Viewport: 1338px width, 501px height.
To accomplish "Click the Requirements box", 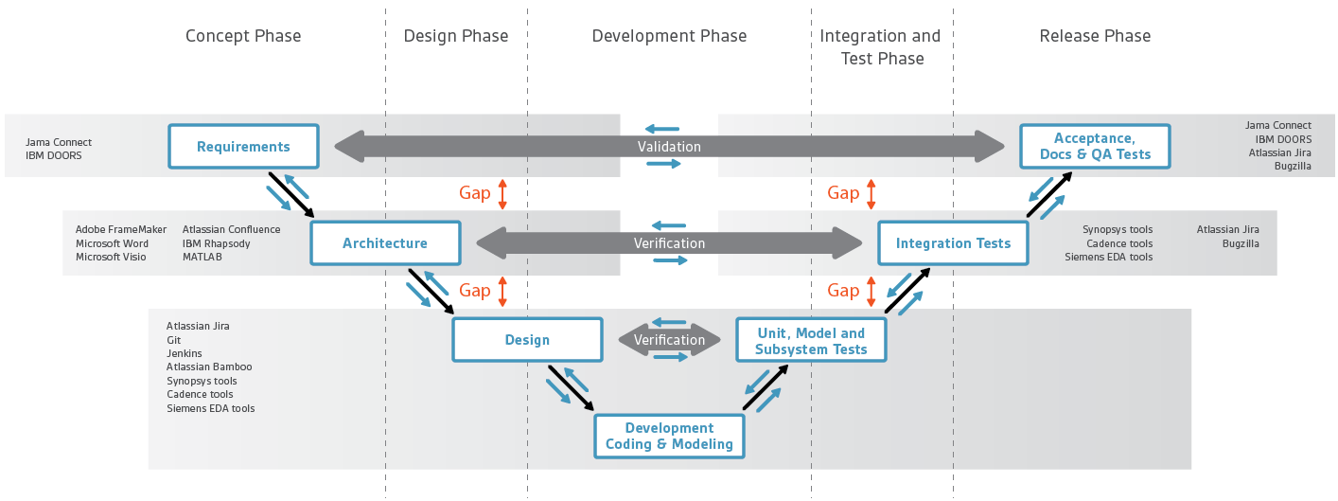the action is coord(243,147).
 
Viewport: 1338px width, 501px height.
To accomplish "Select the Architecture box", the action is coord(385,243).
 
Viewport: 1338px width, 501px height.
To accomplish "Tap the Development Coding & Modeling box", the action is coord(669,437).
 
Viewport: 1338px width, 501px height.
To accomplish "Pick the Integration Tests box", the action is coord(953,243).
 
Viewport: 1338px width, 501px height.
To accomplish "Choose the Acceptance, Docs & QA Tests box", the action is coord(1095,147).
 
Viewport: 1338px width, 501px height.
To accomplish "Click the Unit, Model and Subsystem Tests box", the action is coord(811,340).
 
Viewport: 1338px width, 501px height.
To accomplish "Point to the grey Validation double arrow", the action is coord(669,147).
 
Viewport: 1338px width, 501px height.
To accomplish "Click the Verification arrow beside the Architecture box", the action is coord(669,243).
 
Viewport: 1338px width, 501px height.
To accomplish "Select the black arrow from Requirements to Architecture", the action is coord(291,195).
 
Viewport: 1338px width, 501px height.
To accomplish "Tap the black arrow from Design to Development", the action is coord(571,388).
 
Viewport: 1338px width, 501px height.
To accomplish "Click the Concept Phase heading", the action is coord(243,36).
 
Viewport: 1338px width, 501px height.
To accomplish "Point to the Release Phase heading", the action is coord(1095,36).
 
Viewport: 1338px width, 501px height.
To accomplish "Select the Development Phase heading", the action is coord(669,36).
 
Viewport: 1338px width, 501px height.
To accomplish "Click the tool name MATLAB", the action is coord(202,257).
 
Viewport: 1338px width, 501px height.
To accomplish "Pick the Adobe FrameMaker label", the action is coord(121,229).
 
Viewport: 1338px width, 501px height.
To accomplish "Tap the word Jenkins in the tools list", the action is coord(184,353).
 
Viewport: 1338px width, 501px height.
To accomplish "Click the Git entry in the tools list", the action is coord(173,340).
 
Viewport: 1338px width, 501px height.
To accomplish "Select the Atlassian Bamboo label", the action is coord(209,367).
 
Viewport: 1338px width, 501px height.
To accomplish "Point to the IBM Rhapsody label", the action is coord(217,243).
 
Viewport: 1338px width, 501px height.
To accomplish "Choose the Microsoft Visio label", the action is coord(111,257).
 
